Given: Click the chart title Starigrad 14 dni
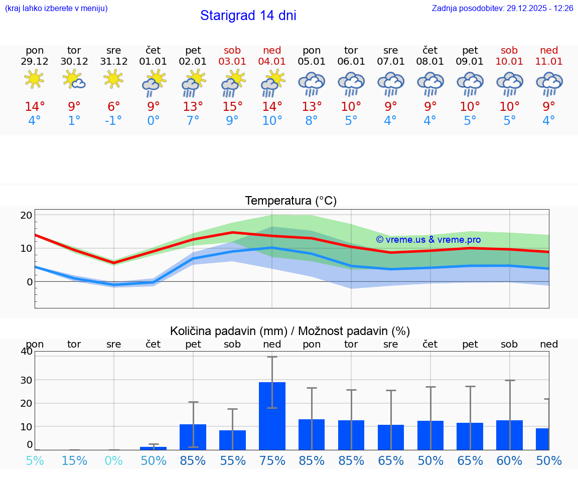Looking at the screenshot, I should pyautogui.click(x=248, y=16).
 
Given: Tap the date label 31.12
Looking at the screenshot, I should pyautogui.click(x=114, y=62).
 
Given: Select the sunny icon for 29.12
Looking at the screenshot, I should pyautogui.click(x=35, y=79).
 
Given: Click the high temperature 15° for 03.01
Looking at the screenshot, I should pyautogui.click(x=232, y=107).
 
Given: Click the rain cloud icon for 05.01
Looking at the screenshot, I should pyautogui.click(x=312, y=84).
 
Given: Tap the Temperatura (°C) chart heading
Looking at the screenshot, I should pyautogui.click(x=291, y=201).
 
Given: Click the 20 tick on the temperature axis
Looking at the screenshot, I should pyautogui.click(x=27, y=215).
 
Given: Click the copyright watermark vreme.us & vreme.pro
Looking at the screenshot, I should pyautogui.click(x=428, y=240).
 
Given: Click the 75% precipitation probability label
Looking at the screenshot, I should pyautogui.click(x=272, y=461).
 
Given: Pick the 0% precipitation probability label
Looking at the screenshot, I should pyautogui.click(x=114, y=461).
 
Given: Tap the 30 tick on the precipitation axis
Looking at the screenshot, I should pyautogui.click(x=26, y=380).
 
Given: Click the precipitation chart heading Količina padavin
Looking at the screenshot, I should pyautogui.click(x=290, y=331).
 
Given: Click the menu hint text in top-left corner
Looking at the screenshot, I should pyautogui.click(x=56, y=9).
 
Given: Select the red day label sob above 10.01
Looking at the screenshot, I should pyautogui.click(x=509, y=51).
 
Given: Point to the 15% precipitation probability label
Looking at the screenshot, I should pyautogui.click(x=74, y=461).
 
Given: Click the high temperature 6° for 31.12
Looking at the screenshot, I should pyautogui.click(x=114, y=107).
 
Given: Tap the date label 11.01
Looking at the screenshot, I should pyautogui.click(x=549, y=62).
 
